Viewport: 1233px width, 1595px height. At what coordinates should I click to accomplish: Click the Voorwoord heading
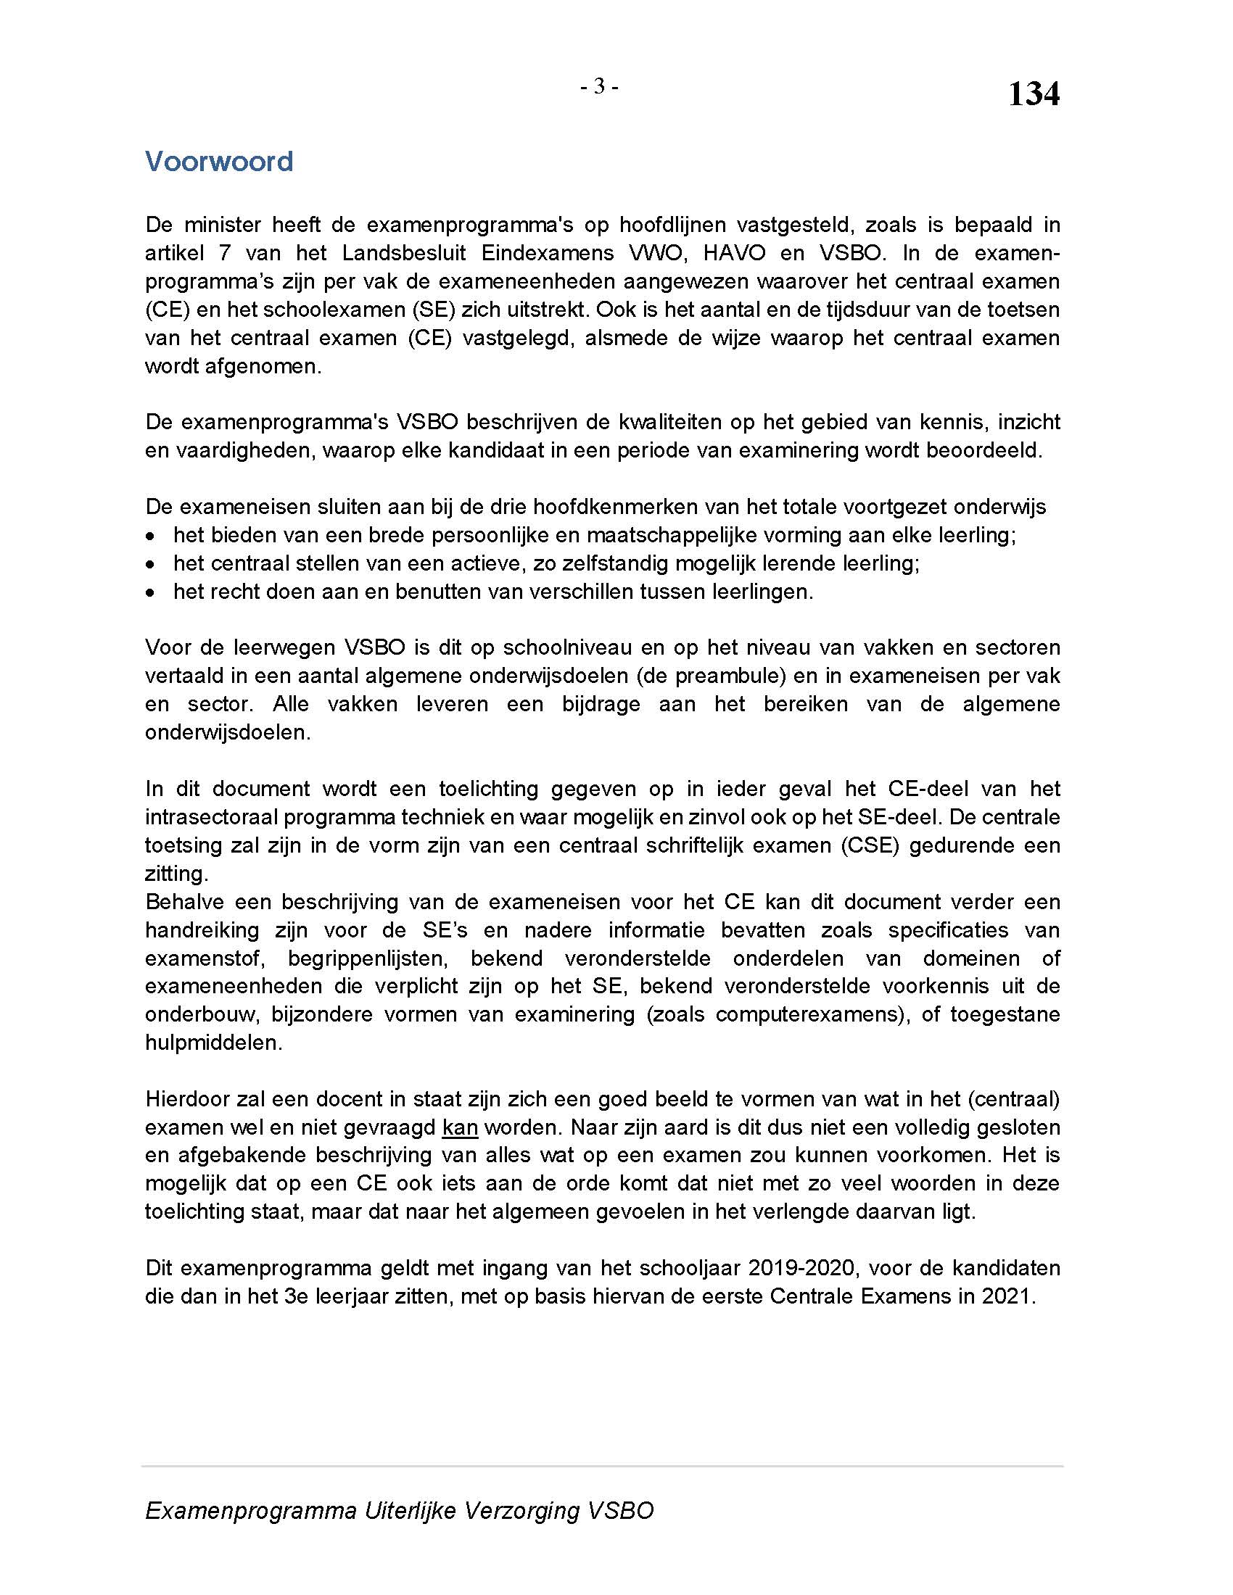point(219,162)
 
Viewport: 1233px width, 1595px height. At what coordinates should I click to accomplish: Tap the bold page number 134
point(1033,94)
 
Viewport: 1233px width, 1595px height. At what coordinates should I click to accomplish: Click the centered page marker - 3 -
point(599,87)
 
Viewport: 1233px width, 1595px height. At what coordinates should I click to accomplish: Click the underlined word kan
point(460,1127)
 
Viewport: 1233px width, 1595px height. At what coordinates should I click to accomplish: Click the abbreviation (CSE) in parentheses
point(870,845)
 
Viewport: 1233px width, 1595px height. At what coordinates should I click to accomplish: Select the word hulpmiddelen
point(213,1042)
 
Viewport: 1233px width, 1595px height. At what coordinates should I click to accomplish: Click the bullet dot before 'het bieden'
point(150,536)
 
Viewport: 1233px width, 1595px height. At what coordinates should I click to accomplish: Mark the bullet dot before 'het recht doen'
point(150,592)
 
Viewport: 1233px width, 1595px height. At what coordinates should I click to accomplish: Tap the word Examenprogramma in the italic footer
point(250,1510)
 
